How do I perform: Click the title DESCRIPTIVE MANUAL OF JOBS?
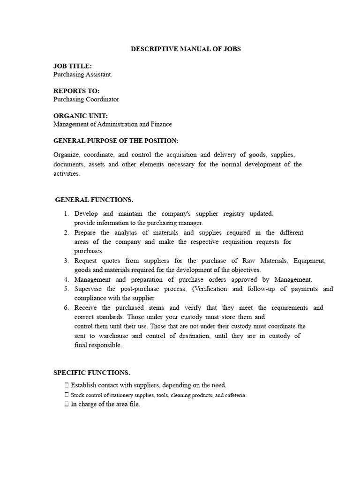point(186,49)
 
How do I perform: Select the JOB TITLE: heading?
point(73,66)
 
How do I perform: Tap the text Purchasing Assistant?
point(83,75)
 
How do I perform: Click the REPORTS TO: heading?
point(76,91)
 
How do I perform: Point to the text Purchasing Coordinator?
point(86,99)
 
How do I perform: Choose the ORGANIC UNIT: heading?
point(81,116)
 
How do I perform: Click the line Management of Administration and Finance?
point(112,124)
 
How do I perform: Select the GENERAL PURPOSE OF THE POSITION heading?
point(116,141)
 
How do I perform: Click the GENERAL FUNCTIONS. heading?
point(94,200)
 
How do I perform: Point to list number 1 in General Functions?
point(67,214)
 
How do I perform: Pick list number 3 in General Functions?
point(67,261)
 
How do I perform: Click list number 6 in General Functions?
point(67,307)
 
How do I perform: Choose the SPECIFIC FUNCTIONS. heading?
point(92,373)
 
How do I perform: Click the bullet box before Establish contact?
point(67,385)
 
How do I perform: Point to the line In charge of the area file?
point(105,404)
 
